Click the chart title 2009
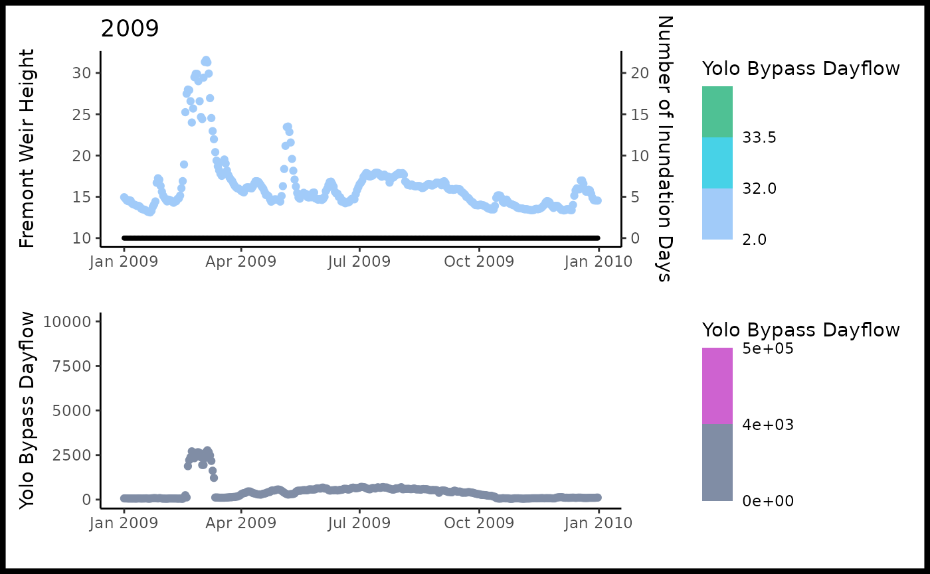pyautogui.click(x=130, y=29)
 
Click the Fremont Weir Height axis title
pyautogui.click(x=27, y=149)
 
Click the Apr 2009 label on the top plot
pyautogui.click(x=241, y=261)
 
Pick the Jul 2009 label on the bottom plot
pyautogui.click(x=359, y=523)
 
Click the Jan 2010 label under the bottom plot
pyautogui.click(x=598, y=523)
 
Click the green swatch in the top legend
pyautogui.click(x=717, y=111)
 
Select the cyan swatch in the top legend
pyautogui.click(x=717, y=163)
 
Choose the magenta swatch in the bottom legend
pyautogui.click(x=717, y=386)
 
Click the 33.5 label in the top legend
pyautogui.click(x=759, y=138)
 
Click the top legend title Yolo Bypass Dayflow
pyautogui.click(x=800, y=68)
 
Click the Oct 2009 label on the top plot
pyautogui.click(x=478, y=261)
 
